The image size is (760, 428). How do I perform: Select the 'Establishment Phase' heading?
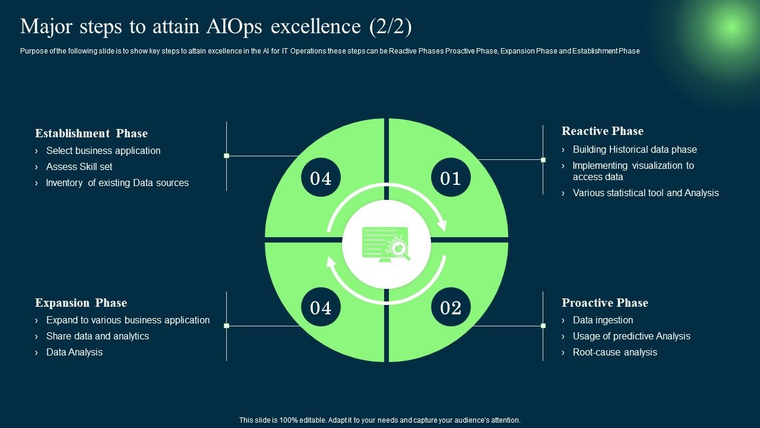(91, 133)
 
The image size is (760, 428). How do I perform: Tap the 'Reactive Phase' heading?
(602, 131)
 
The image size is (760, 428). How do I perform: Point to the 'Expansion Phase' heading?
(81, 303)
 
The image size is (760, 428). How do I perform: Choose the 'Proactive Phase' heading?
(604, 303)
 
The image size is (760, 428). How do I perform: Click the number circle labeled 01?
(451, 178)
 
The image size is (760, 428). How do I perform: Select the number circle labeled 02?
(451, 307)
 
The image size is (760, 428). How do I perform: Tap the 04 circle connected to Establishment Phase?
(321, 178)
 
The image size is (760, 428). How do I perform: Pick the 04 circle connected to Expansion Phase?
(321, 307)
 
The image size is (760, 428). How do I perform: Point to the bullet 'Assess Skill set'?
(79, 167)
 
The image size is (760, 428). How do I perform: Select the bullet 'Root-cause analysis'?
(615, 353)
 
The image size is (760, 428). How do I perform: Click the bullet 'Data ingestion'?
(603, 320)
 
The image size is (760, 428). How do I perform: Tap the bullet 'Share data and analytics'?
(97, 336)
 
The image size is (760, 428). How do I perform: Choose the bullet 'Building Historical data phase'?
(634, 150)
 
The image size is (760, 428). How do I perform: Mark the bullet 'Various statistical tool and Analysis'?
(645, 193)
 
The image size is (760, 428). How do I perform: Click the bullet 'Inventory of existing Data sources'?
(117, 183)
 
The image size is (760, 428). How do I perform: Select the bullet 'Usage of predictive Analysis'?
(631, 336)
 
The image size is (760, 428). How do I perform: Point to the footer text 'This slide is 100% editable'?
(379, 420)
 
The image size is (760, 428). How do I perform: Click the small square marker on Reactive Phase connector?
(543, 160)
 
